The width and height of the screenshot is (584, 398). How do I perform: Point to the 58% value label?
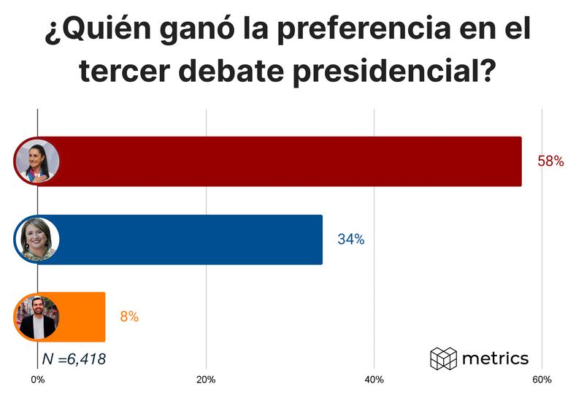coord(550,161)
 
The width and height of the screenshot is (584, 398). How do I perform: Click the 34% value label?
coord(350,239)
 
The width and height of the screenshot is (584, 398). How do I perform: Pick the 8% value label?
coord(129,317)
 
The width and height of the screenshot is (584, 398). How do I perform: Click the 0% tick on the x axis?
coord(37,380)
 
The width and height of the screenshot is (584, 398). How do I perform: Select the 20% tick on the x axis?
coord(206,380)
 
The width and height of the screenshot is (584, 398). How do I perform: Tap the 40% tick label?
coord(374,380)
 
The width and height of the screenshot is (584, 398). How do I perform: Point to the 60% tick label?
coord(542,380)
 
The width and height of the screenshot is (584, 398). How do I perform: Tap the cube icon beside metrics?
coord(443,359)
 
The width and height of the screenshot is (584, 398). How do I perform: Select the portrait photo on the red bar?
coord(37,161)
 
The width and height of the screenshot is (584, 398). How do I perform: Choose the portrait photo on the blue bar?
coord(37,240)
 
